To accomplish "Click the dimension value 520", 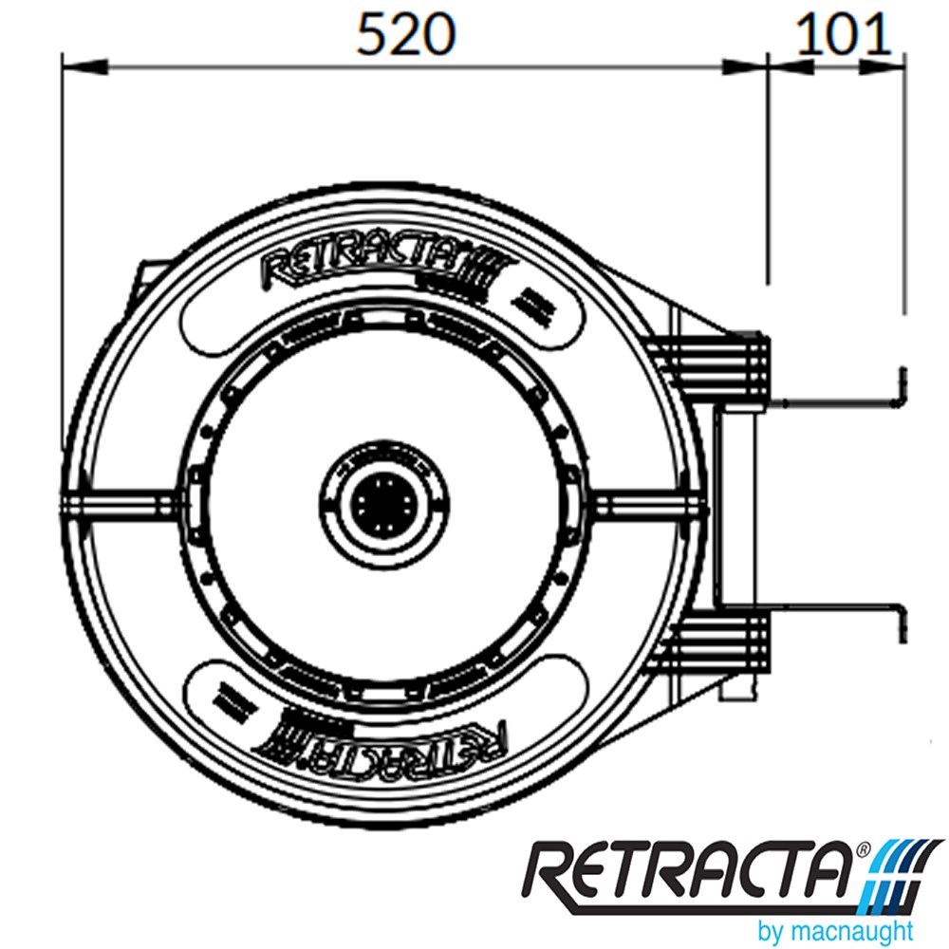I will [406, 35].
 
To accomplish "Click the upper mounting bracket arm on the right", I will [835, 401].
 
